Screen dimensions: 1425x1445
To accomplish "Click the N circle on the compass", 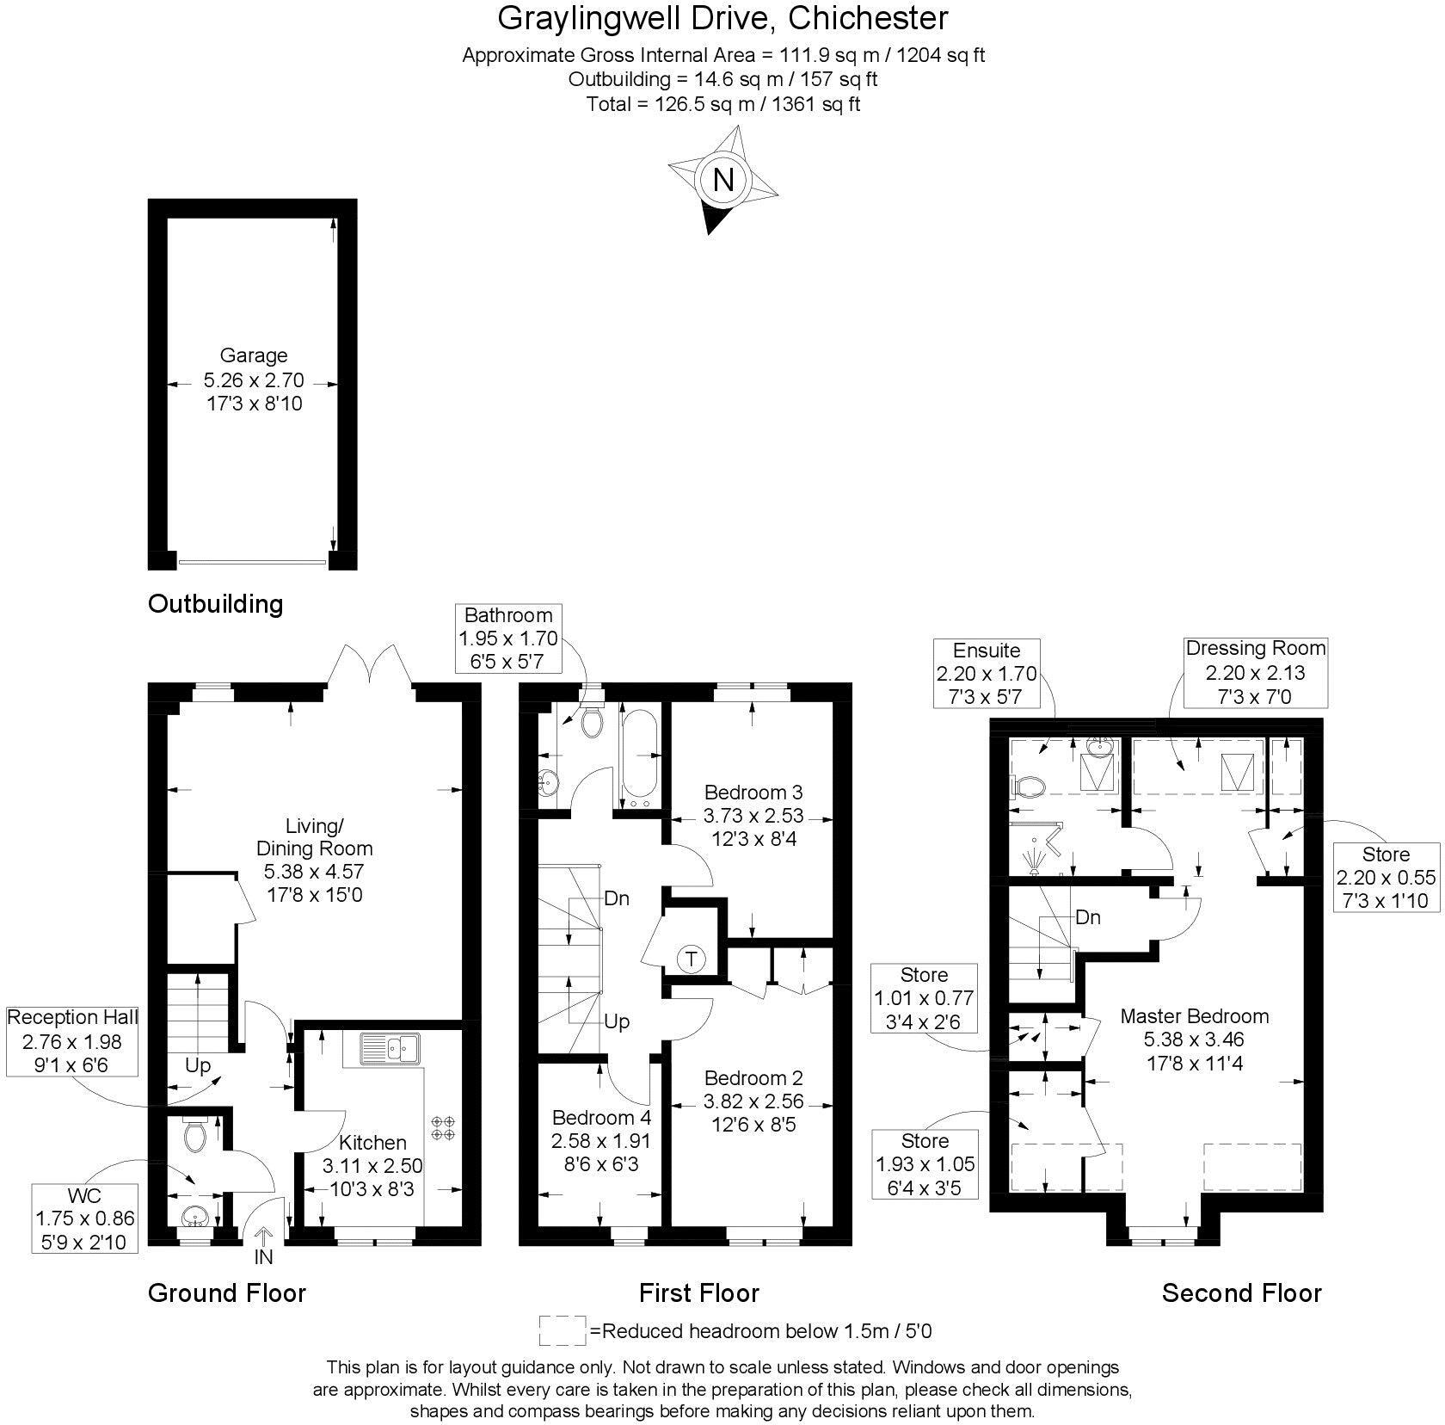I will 723,180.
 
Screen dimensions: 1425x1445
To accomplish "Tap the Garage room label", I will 254,355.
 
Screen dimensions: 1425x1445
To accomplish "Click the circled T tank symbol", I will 691,959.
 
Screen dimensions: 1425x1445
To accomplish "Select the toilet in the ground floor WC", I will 195,1135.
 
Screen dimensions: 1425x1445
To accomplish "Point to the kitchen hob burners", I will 443,1128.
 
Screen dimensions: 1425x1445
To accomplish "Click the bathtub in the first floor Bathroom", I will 638,756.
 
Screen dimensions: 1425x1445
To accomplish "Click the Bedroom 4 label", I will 601,1118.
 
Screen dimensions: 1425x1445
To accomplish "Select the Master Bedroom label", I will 1194,1016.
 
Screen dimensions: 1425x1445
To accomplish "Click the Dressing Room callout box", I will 1255,672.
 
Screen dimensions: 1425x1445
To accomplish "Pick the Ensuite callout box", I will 987,674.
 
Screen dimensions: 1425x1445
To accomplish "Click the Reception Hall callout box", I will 72,1041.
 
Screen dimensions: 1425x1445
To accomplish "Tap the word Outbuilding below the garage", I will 215,603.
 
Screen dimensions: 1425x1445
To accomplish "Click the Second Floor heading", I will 1241,1292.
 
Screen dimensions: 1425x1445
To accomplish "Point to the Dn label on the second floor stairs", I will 1088,917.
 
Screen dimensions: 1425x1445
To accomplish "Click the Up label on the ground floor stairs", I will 198,1065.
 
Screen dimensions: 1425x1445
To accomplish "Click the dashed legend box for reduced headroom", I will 562,1330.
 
